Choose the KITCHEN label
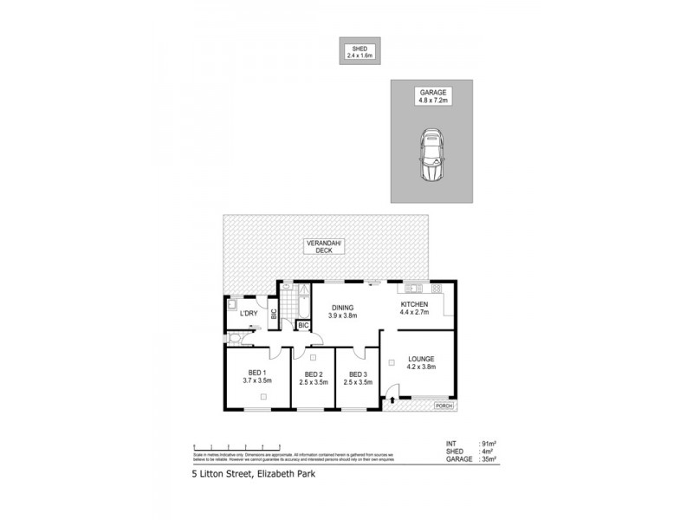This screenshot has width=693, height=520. pos(414,305)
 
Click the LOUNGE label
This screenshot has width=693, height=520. pos(420,359)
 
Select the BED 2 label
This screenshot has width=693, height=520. pos(313,374)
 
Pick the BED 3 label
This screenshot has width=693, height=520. pos(358,374)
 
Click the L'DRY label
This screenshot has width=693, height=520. pos(249,313)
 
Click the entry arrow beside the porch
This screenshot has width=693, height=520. pos(392,400)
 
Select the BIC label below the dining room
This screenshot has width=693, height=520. pos(303,326)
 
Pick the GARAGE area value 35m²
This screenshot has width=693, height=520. pos(490,459)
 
